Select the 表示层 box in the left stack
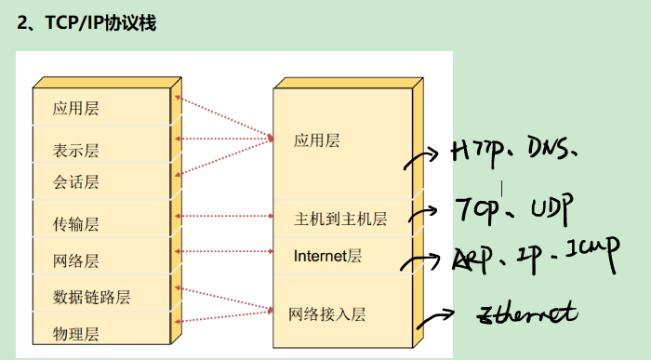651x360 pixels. (x=76, y=150)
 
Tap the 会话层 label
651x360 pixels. (x=76, y=181)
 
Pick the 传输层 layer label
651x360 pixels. (x=76, y=223)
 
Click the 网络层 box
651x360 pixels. (x=76, y=260)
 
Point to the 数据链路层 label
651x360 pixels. (x=92, y=297)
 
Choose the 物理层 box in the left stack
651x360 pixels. (x=76, y=332)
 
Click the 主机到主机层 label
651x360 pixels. (x=340, y=220)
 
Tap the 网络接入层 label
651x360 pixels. (x=327, y=313)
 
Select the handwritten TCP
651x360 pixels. (x=477, y=207)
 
